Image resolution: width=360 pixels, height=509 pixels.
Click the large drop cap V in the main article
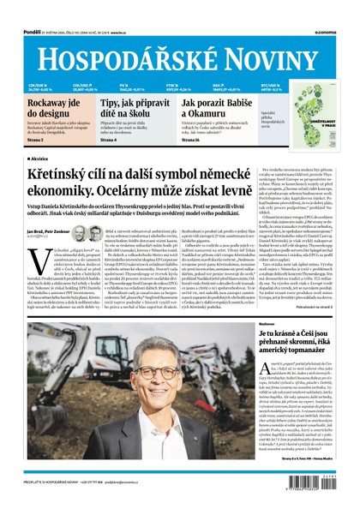point(34,259)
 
